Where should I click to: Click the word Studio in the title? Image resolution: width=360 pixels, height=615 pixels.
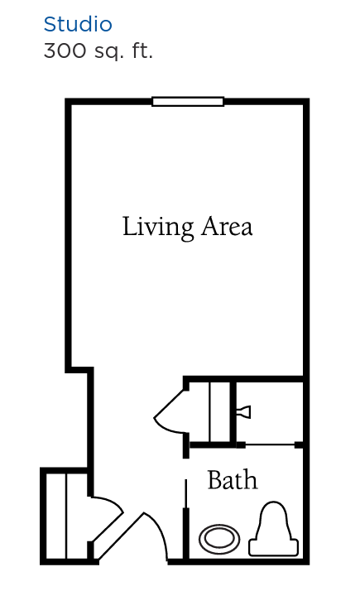point(78,24)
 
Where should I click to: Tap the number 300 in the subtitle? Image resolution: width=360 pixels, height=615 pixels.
point(65,51)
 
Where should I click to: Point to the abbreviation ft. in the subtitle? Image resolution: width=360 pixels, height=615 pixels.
point(142,50)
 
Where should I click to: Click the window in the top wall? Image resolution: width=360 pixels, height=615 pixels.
point(188,102)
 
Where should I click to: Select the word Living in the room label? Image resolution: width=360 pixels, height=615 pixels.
point(158,228)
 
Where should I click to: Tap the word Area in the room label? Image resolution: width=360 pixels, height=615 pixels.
point(227,227)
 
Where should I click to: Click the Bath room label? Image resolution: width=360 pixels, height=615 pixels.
point(233,480)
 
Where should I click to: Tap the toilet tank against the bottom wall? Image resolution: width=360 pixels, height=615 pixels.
point(274,547)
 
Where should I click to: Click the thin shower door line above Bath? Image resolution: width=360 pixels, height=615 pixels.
point(270,444)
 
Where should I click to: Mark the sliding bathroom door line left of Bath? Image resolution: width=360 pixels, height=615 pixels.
point(186,494)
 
